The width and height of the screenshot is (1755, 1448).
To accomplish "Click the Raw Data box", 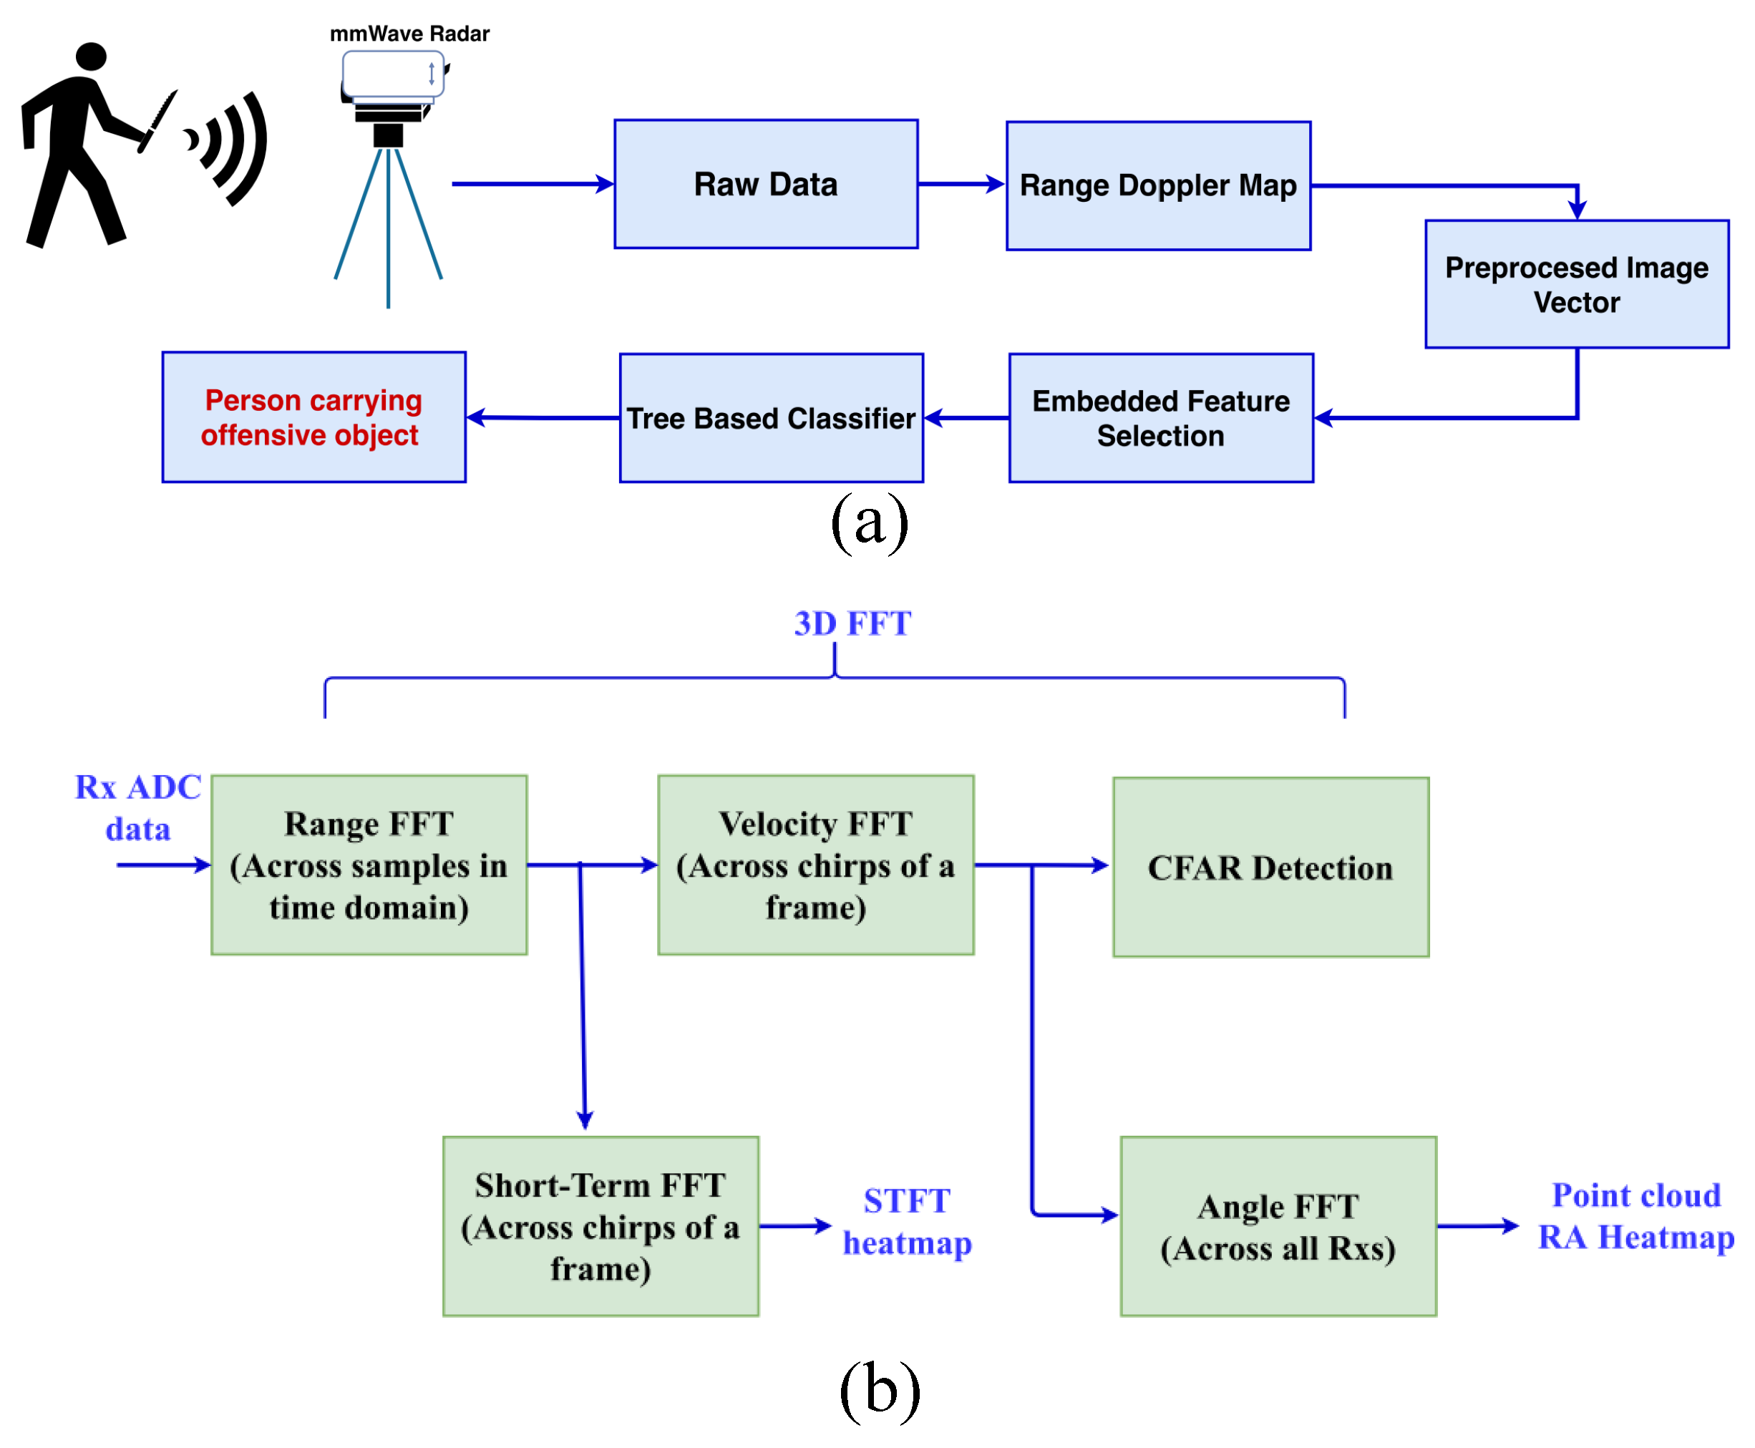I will (x=765, y=183).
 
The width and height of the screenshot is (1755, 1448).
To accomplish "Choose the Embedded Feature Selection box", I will (x=1160, y=417).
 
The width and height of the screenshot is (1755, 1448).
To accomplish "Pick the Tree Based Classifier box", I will (x=770, y=417).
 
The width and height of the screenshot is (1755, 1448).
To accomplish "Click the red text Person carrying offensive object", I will (x=313, y=417).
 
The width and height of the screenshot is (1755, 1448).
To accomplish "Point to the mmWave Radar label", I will (x=409, y=34).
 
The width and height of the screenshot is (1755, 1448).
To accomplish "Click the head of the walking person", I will (x=90, y=56).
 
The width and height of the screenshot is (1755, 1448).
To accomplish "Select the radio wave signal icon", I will (x=229, y=146).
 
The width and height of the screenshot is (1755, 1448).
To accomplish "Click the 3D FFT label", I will (x=852, y=623).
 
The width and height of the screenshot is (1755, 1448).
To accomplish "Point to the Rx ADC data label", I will (x=137, y=807).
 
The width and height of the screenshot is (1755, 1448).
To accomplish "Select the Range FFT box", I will (x=369, y=864).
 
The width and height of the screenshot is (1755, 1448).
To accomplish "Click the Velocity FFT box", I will (x=815, y=864).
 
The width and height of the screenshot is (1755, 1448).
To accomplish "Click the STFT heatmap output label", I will (x=906, y=1221).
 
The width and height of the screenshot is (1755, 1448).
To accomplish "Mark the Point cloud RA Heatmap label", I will (x=1634, y=1215).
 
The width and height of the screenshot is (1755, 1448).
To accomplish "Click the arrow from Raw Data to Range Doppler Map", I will (x=959, y=183).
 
